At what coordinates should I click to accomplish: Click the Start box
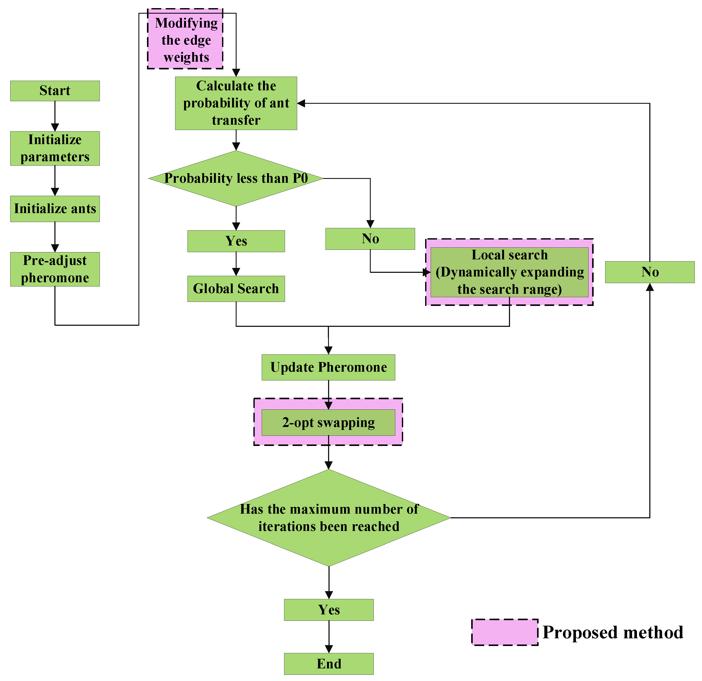point(55,91)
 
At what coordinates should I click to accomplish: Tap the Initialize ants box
point(55,209)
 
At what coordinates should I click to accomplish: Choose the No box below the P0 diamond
point(370,239)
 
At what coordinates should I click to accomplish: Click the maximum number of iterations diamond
point(328,517)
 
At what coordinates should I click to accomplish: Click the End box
point(328,664)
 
